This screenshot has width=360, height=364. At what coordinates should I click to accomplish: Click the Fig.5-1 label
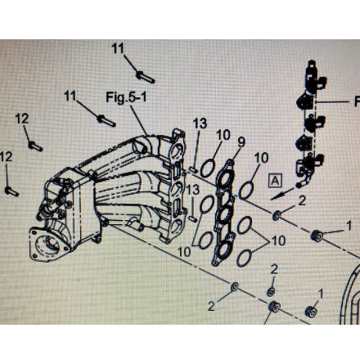click(x=126, y=97)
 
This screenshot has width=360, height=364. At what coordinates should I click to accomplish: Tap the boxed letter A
click(x=275, y=180)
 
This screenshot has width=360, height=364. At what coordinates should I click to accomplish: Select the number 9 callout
click(x=241, y=142)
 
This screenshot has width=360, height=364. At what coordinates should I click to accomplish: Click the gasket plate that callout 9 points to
click(x=224, y=213)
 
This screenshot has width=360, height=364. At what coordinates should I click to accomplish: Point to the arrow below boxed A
click(x=282, y=193)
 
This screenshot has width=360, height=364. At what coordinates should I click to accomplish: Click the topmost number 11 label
click(x=118, y=49)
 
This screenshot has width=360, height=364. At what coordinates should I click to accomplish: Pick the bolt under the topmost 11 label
click(x=146, y=77)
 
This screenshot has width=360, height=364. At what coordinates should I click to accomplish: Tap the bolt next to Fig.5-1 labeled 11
click(x=106, y=121)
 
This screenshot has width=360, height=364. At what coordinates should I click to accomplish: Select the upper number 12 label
click(x=22, y=119)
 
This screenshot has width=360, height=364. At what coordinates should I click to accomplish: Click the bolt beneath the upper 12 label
click(x=35, y=146)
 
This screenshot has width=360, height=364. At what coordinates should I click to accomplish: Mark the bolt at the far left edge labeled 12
click(x=11, y=191)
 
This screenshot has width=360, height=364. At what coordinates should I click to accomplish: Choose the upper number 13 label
click(x=200, y=124)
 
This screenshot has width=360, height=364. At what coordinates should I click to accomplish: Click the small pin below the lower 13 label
click(x=193, y=218)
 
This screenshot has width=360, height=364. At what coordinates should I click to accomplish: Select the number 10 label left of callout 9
click(x=223, y=135)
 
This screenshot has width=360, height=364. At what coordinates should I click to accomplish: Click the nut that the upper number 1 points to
click(x=317, y=236)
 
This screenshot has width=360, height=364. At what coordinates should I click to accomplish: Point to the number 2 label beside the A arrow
click(x=302, y=201)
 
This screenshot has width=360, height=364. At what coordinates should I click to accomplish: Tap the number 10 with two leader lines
click(x=278, y=241)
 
